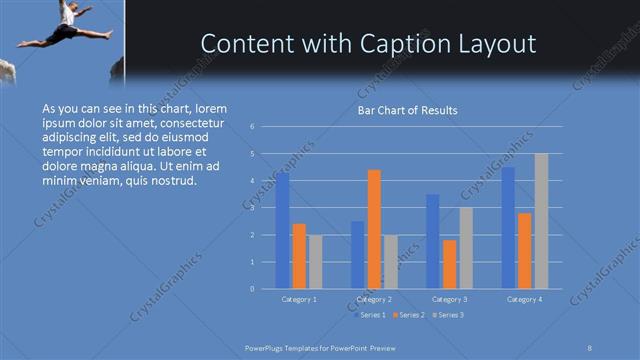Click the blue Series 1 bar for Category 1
[283, 231]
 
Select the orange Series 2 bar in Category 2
[374, 229]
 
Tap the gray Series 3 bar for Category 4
[541, 221]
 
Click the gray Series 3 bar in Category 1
[315, 262]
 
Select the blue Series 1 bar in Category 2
[358, 255]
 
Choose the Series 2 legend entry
[410, 315]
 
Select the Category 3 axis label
[449, 299]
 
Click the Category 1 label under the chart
[299, 299]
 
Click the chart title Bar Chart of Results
[407, 110]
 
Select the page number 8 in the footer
[590, 346]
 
